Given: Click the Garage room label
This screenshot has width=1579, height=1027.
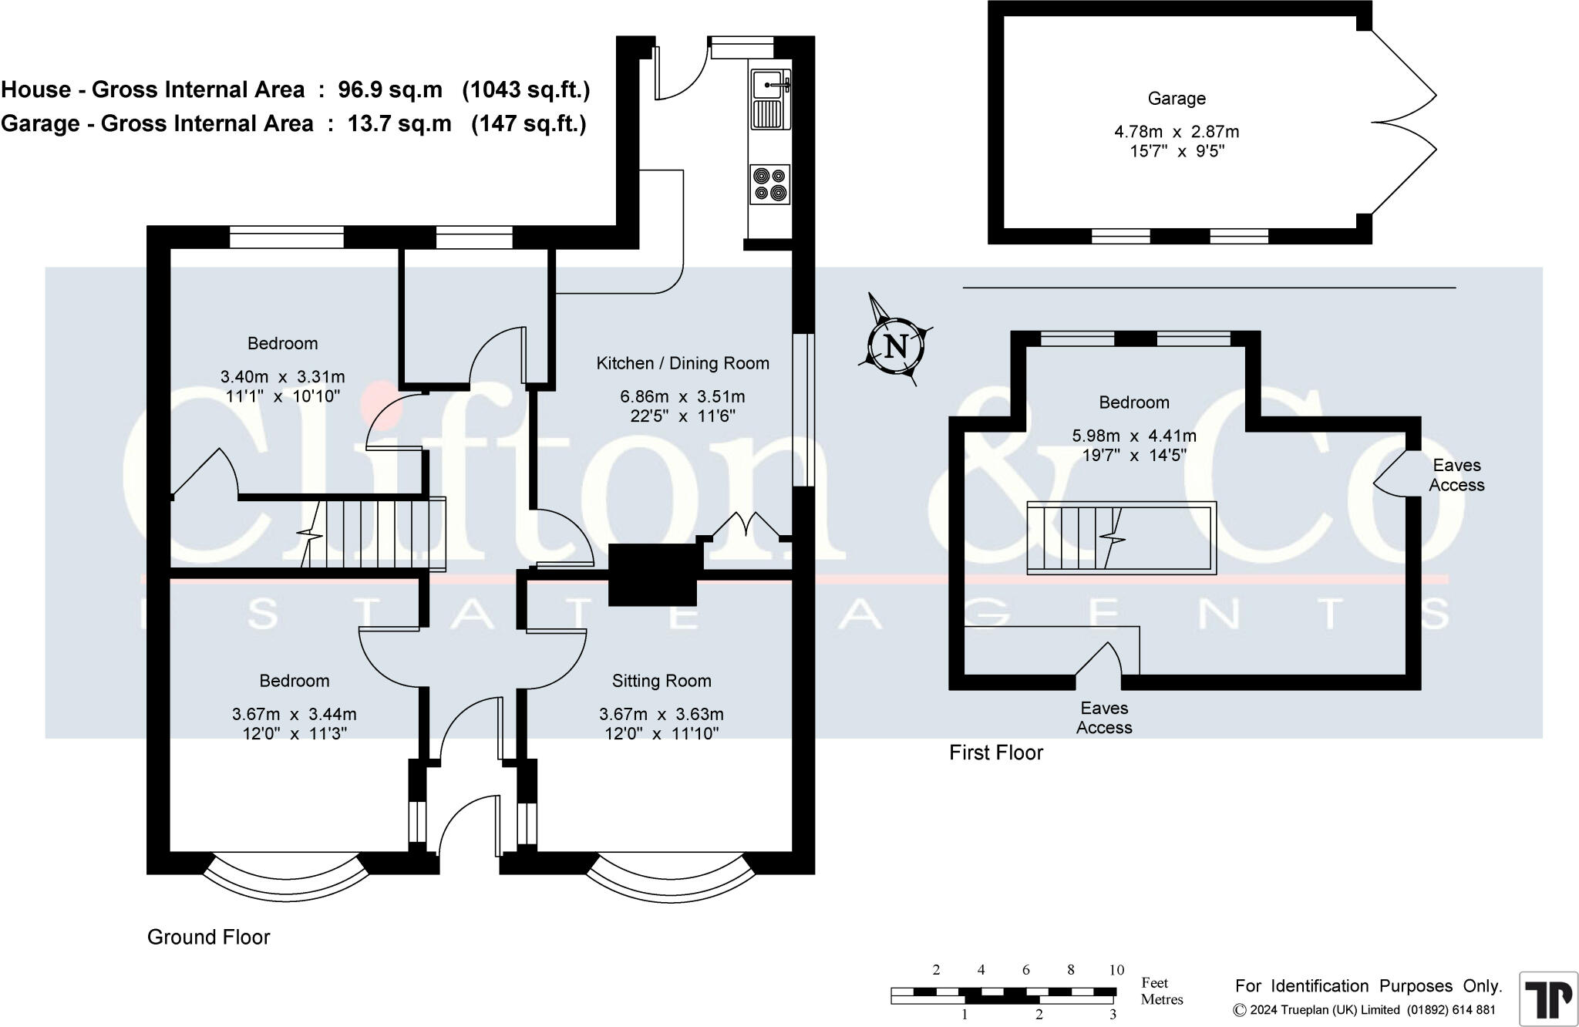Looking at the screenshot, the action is coord(1176,99).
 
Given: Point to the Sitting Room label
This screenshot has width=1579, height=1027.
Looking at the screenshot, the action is coord(662,681).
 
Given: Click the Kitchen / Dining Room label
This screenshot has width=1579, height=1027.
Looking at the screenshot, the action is coord(682,363).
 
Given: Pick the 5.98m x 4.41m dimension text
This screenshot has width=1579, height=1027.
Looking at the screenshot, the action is coord(1134,436).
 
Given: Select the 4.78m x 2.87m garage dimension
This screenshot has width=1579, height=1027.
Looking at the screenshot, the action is coord(1177,132).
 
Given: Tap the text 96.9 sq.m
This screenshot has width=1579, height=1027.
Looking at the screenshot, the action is coord(390,90).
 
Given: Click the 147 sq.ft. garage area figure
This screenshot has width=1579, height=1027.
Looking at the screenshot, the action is coord(529,123).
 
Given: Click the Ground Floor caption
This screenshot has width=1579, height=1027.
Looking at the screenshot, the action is coord(208,938).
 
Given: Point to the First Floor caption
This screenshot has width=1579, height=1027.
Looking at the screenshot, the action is coord(995,753).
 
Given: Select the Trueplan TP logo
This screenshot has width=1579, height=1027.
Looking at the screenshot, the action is coord(1548,998).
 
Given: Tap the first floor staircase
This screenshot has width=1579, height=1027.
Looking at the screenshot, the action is coord(1121,538).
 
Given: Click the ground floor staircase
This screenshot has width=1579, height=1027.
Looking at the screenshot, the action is coord(374,534).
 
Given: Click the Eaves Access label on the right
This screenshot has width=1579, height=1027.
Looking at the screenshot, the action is coord(1456,475).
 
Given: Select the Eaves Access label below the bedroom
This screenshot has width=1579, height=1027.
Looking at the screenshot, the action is coord(1104,718).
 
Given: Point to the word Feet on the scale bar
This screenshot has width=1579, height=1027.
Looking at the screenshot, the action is coord(1154,983).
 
